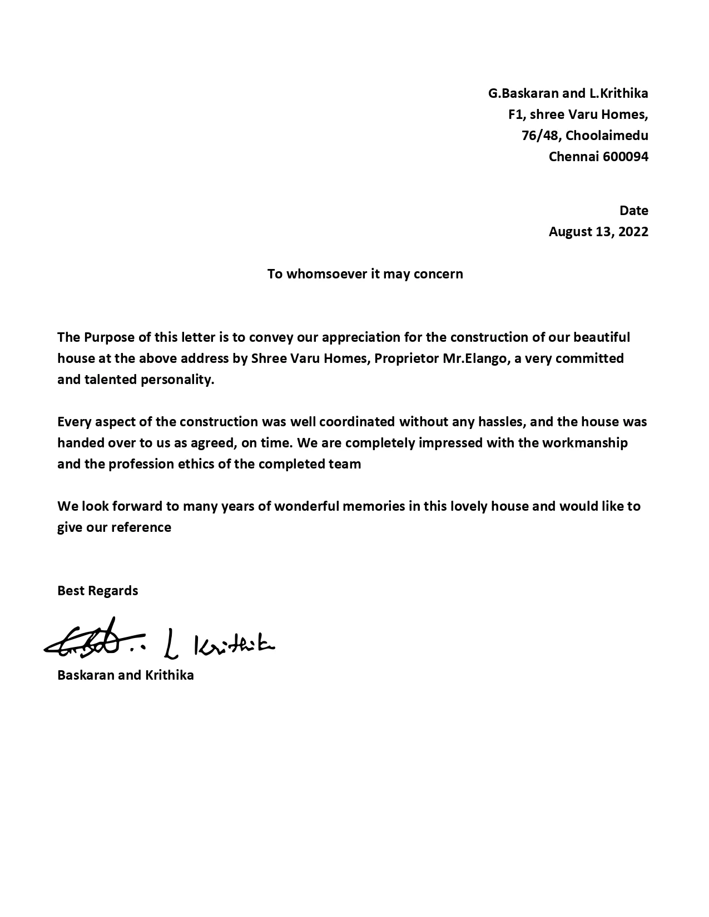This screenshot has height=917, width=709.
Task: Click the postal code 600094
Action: tap(625, 157)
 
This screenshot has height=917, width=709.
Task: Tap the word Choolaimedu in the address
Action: tap(607, 136)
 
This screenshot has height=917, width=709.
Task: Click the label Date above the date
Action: tap(634, 211)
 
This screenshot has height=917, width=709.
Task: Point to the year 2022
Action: tap(633, 232)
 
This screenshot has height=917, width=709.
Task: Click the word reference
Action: tap(141, 527)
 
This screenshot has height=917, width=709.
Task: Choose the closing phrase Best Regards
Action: tap(97, 591)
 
